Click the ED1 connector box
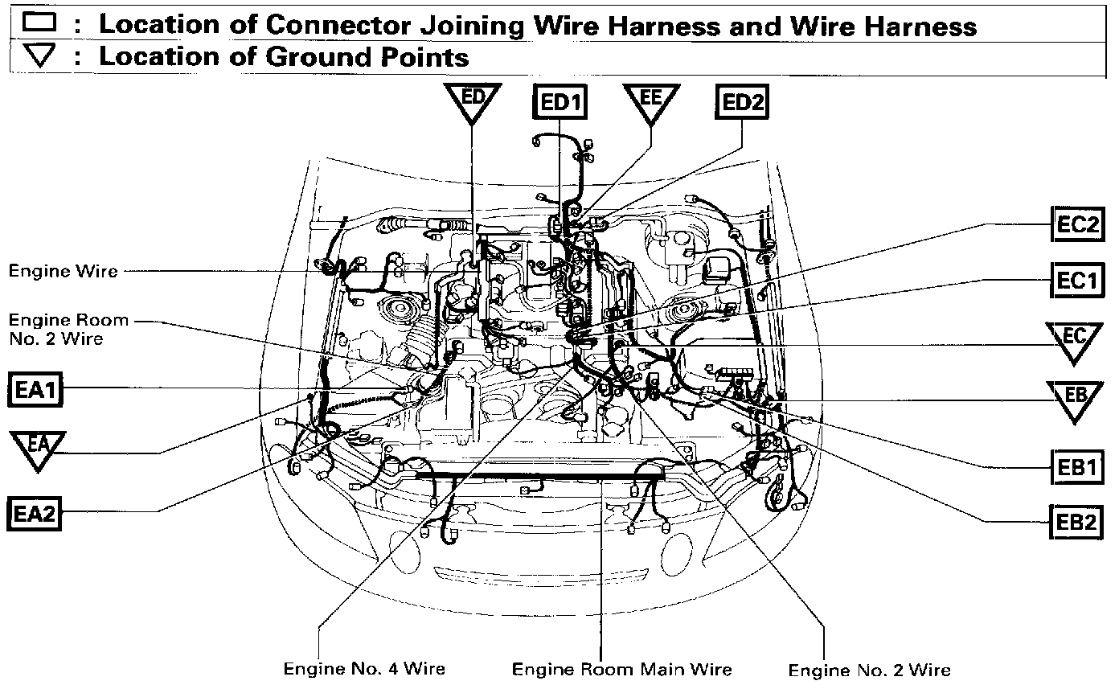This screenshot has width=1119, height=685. [560, 103]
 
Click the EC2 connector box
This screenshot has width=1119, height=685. [1076, 224]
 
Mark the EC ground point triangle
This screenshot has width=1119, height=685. [1075, 339]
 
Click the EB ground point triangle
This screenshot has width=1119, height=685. [1075, 398]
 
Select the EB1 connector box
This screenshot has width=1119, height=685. [1076, 467]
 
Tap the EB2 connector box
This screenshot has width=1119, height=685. [1076, 522]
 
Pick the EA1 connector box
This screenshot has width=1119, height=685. [35, 392]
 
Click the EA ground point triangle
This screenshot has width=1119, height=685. [37, 449]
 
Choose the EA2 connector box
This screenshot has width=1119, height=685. [35, 513]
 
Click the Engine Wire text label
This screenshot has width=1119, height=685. [63, 271]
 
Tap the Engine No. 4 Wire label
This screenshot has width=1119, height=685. [364, 668]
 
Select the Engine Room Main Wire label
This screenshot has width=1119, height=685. [622, 668]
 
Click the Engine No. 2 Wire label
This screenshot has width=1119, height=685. [869, 670]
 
